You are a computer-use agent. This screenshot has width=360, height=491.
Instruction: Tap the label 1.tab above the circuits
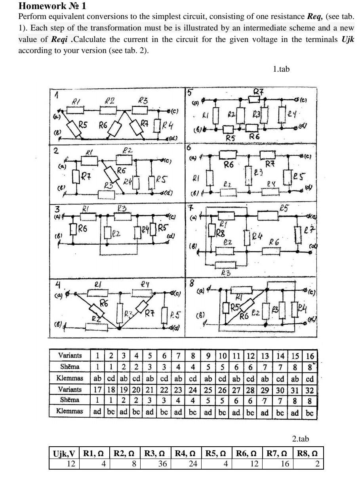coord(281,69)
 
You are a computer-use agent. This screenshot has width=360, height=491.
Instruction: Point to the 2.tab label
coord(301,439)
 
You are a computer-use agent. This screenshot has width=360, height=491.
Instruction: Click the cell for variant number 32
coord(310,390)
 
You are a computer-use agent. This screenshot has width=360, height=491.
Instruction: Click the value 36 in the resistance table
coord(162,464)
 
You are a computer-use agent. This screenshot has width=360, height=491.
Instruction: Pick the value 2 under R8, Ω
coord(317,464)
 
